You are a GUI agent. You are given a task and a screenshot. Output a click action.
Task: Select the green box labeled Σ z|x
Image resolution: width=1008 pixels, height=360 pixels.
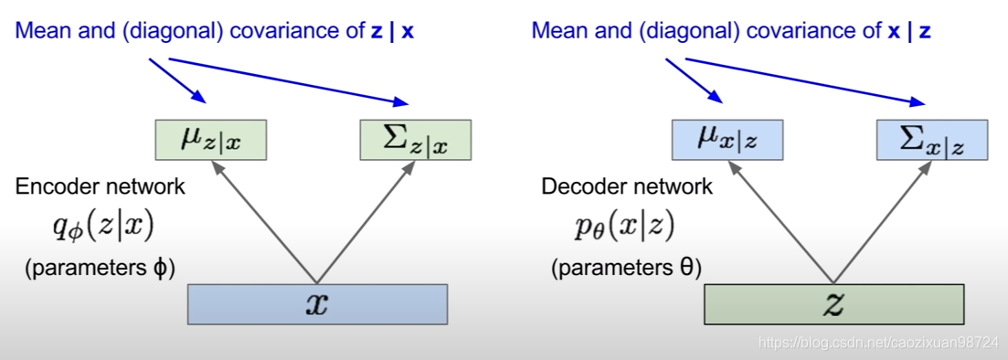(x=416, y=140)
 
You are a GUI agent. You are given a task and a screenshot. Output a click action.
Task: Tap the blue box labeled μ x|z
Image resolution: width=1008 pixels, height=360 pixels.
(x=727, y=140)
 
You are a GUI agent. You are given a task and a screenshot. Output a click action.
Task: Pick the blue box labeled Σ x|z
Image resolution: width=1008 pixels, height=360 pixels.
(x=931, y=140)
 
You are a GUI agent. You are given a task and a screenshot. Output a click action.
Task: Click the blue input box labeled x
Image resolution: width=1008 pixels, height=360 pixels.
(x=316, y=304)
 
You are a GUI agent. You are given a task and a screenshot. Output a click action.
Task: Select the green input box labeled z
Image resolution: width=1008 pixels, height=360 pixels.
(x=833, y=304)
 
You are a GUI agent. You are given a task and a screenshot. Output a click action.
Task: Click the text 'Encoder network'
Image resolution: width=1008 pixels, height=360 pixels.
(x=101, y=187)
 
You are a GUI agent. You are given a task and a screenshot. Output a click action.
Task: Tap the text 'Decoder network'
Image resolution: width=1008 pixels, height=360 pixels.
(x=627, y=187)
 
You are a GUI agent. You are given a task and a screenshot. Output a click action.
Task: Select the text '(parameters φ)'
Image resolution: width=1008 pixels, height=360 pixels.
(x=99, y=269)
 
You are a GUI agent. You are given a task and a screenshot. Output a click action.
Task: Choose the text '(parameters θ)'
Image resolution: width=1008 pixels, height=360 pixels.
(x=625, y=269)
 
